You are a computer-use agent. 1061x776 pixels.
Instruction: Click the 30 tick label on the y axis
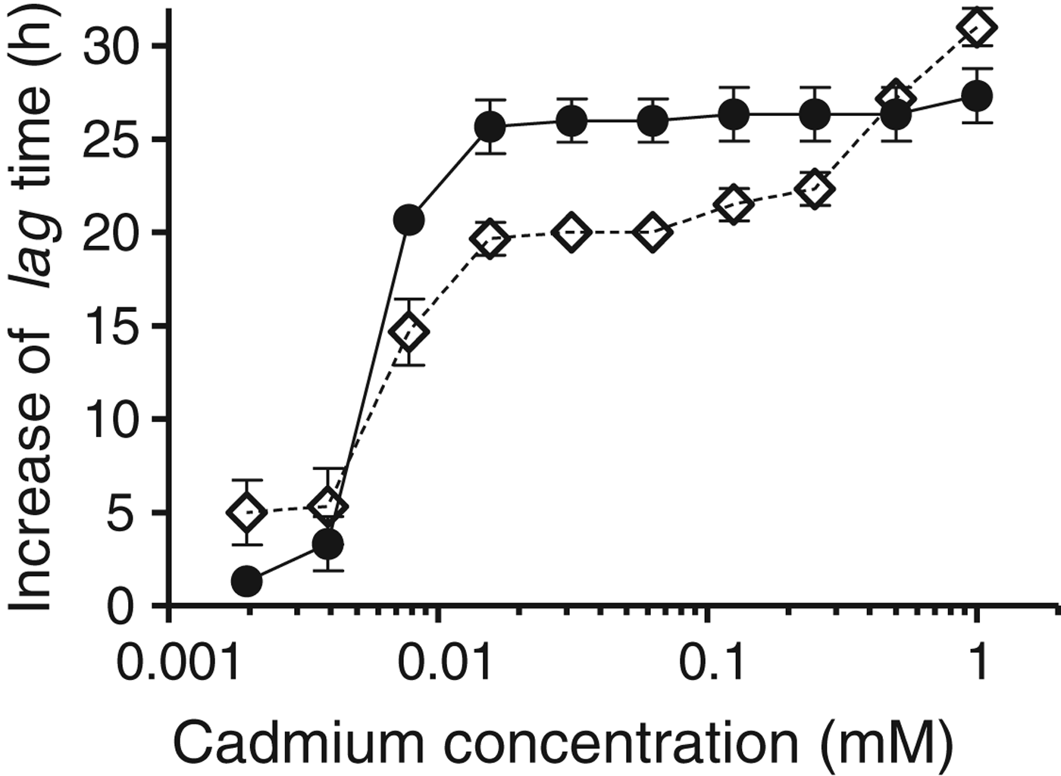[112, 47]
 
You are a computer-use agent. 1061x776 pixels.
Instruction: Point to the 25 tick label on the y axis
[112, 140]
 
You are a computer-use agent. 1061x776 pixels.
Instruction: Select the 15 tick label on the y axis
[112, 326]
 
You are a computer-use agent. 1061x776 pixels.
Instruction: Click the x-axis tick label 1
[978, 663]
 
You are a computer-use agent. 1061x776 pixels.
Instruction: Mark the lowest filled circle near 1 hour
[246, 581]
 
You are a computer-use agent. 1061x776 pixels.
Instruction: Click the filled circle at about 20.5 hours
[408, 220]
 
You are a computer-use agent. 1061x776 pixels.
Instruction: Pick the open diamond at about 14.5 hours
[409, 332]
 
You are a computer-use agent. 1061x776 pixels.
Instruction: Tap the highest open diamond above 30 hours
[976, 28]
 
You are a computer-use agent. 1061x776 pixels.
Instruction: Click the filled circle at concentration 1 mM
[976, 95]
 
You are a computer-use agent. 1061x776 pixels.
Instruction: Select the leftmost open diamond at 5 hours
[246, 513]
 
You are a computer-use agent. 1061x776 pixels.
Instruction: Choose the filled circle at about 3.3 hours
[327, 543]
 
